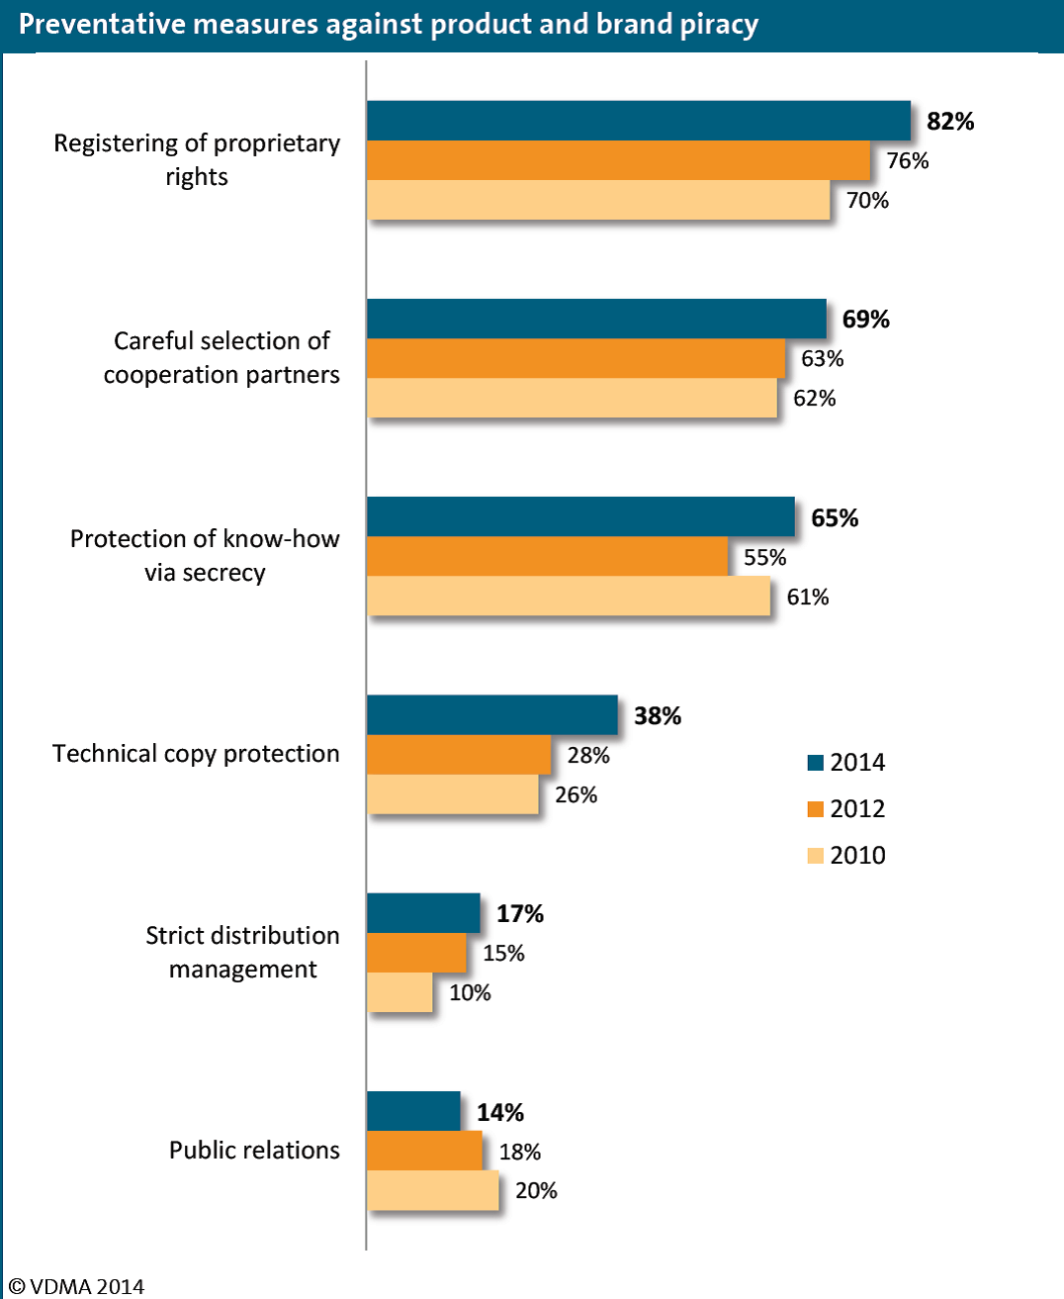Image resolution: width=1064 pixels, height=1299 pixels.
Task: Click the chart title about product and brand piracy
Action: click(389, 25)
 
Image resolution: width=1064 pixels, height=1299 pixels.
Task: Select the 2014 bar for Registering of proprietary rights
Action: click(639, 121)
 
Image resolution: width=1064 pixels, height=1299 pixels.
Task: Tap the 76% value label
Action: click(908, 160)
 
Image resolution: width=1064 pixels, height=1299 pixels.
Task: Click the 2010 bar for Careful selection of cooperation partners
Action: click(572, 398)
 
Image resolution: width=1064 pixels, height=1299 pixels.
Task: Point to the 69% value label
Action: click(865, 319)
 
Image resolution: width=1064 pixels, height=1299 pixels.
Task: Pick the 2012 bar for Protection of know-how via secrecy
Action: click(548, 556)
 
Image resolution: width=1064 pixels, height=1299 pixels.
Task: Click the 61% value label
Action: click(808, 597)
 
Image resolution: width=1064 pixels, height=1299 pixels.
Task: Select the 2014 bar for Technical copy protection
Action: click(492, 715)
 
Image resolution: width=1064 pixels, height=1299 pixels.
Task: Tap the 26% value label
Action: click(576, 794)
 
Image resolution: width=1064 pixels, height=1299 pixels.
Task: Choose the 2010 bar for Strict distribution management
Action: click(399, 992)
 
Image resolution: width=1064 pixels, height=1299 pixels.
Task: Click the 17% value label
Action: click(520, 913)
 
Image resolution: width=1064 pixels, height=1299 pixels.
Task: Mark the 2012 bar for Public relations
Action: click(424, 1151)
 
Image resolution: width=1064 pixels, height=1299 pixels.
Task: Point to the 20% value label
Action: click(536, 1190)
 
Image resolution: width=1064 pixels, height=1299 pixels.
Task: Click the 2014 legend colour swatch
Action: click(815, 763)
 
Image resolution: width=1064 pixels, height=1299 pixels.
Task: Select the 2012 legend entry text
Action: click(857, 808)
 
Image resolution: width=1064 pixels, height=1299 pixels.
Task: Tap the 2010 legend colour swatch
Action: click(815, 856)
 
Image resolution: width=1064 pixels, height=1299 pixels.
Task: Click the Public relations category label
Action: click(254, 1150)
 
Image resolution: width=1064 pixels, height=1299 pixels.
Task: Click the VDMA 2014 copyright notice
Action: click(76, 1286)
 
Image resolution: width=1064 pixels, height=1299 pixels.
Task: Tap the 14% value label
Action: click(500, 1112)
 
